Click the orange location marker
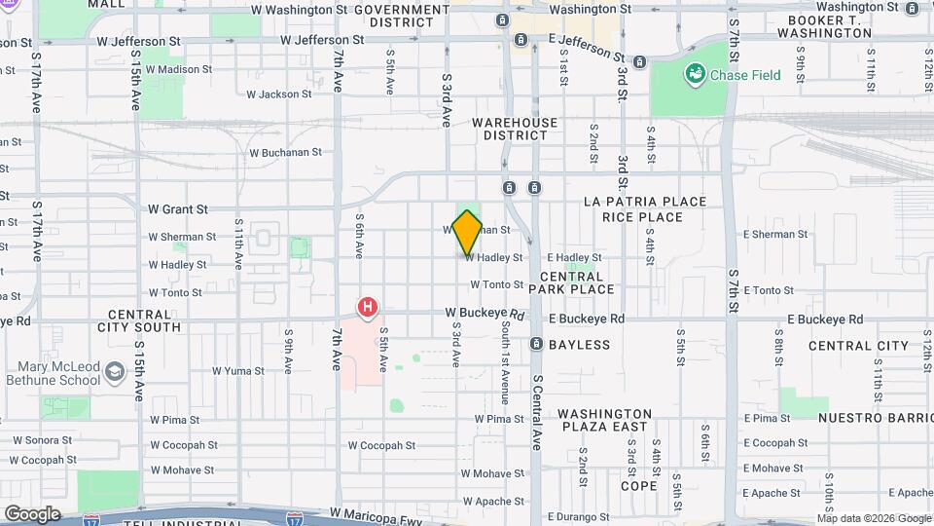pyautogui.click(x=468, y=233)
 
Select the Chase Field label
pyautogui.click(x=745, y=75)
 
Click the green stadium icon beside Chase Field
pyautogui.click(x=695, y=74)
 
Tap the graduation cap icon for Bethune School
pyautogui.click(x=115, y=372)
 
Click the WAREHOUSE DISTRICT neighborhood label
pyautogui.click(x=515, y=129)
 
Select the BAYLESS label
pyautogui.click(x=579, y=345)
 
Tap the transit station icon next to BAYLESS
pyautogui.click(x=536, y=345)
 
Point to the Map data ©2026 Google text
pyautogui.click(x=860, y=518)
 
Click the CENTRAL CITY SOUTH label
pyautogui.click(x=144, y=320)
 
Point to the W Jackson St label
pyautogui.click(x=278, y=95)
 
